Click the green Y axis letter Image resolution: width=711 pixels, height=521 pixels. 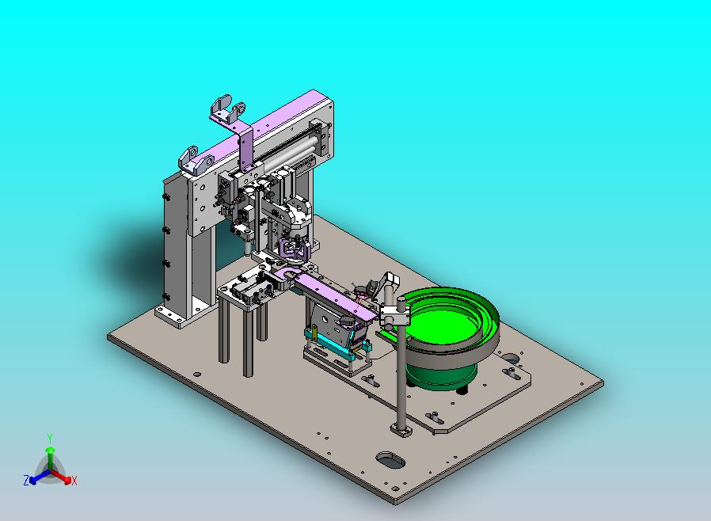pyautogui.click(x=50, y=438)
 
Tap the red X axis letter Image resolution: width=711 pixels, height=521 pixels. pyautogui.click(x=74, y=481)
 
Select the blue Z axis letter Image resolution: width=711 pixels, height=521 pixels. pyautogui.click(x=26, y=480)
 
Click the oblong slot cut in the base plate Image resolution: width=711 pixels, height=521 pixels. pyautogui.click(x=390, y=460)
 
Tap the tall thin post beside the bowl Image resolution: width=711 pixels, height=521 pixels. pyautogui.click(x=401, y=372)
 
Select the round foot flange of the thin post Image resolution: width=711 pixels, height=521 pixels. pyautogui.click(x=401, y=429)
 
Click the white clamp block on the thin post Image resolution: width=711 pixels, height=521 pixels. pyautogui.click(x=394, y=314)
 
